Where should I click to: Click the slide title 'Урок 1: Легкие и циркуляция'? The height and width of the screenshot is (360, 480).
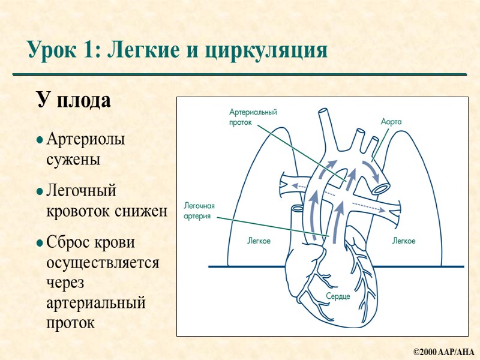[x=177, y=50]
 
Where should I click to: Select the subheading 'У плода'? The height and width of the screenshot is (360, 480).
[x=74, y=100]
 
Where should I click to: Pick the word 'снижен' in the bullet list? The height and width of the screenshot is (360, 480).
[x=145, y=212]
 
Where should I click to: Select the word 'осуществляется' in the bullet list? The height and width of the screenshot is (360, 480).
[x=102, y=263]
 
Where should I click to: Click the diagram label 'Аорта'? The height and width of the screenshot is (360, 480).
[x=391, y=121]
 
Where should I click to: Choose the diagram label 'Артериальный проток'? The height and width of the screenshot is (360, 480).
[x=253, y=116]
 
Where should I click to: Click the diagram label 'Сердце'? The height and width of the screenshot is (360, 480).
[x=338, y=296]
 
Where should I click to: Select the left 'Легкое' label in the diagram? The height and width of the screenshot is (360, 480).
[x=259, y=241]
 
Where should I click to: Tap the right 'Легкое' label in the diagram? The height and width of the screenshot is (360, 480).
[x=404, y=241]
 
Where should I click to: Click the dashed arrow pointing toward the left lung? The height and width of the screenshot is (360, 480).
[x=299, y=187]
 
